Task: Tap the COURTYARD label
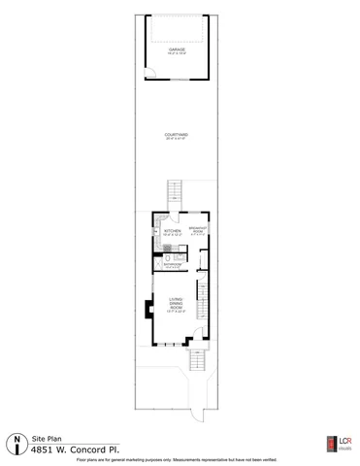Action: [x=176, y=134]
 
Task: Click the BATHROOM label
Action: [x=174, y=264]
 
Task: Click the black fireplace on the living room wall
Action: [x=147, y=310]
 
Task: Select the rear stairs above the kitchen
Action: [x=176, y=190]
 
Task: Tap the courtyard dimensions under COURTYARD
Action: [x=176, y=139]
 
